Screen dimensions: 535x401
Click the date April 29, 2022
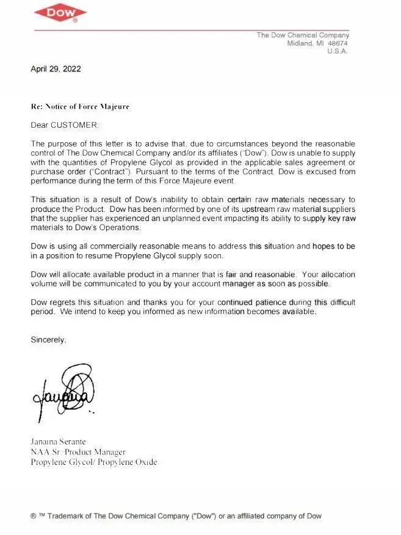(x=56, y=68)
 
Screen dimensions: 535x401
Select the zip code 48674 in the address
(x=338, y=43)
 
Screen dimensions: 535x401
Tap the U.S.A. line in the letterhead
(x=338, y=51)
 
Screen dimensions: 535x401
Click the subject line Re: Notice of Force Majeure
(x=80, y=106)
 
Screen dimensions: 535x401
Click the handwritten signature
(x=66, y=391)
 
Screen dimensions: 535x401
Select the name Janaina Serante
(x=59, y=441)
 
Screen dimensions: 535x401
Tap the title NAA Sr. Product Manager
(x=78, y=452)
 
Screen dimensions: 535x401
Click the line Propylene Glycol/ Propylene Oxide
(x=93, y=462)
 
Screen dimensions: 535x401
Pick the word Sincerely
(x=48, y=340)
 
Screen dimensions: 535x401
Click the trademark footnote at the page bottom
(x=176, y=516)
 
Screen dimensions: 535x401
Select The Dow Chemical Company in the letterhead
(x=303, y=35)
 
